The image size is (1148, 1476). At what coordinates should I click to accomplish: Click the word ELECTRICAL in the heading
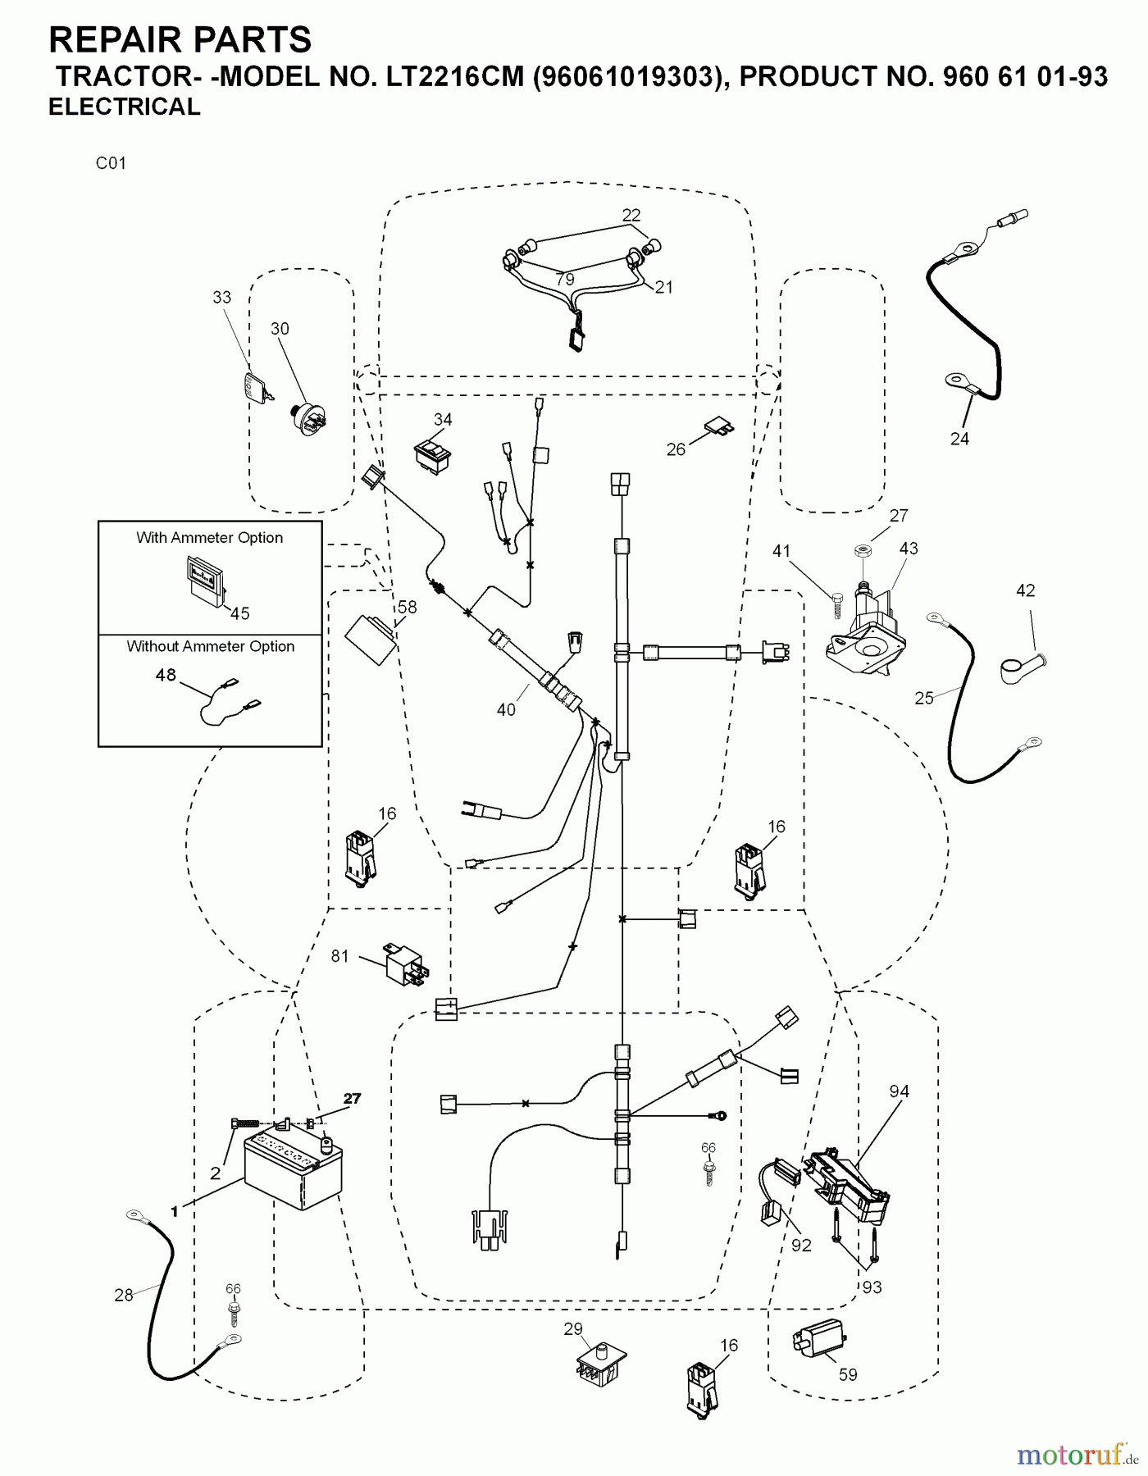(x=125, y=107)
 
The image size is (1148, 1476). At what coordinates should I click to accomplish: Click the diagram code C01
(x=111, y=163)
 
